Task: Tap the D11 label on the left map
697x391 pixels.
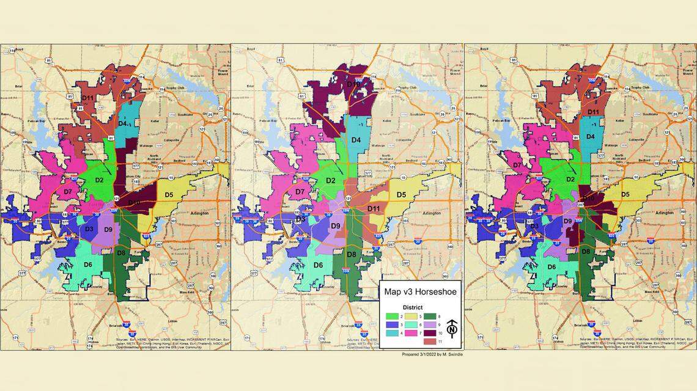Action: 87,98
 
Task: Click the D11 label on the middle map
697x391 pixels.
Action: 374,209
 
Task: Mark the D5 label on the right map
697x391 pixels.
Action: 625,195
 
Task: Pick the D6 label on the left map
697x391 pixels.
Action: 87,264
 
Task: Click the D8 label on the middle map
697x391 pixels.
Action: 351,254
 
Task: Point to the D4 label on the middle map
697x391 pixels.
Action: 356,140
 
